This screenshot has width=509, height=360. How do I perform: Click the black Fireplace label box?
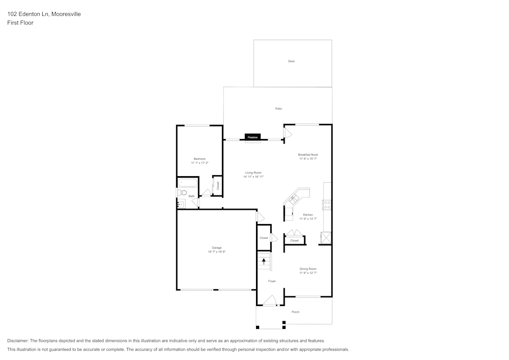[x=252, y=137]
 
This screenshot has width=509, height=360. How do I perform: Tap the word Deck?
[x=291, y=61]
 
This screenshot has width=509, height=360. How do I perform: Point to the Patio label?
[x=278, y=108]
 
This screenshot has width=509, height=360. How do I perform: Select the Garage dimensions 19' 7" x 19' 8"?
[x=216, y=252]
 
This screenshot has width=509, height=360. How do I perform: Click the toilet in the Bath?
[x=182, y=192]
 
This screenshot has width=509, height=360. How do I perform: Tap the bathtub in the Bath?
[x=187, y=182]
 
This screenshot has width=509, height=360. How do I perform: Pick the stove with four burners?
[x=327, y=205]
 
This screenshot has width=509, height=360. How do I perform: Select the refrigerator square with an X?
[x=325, y=238]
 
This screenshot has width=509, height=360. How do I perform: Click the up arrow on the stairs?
[x=264, y=261]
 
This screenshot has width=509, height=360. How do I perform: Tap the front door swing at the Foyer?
[x=270, y=301]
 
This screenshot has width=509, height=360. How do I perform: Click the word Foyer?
[x=272, y=281]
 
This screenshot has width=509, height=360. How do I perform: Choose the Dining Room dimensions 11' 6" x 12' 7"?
[x=308, y=273]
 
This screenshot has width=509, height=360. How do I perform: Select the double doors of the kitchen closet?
[x=295, y=234]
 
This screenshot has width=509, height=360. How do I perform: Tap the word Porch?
[x=295, y=312]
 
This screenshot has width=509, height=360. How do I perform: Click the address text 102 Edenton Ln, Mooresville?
[x=44, y=14]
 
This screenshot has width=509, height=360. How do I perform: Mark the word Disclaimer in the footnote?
[x=18, y=341]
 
